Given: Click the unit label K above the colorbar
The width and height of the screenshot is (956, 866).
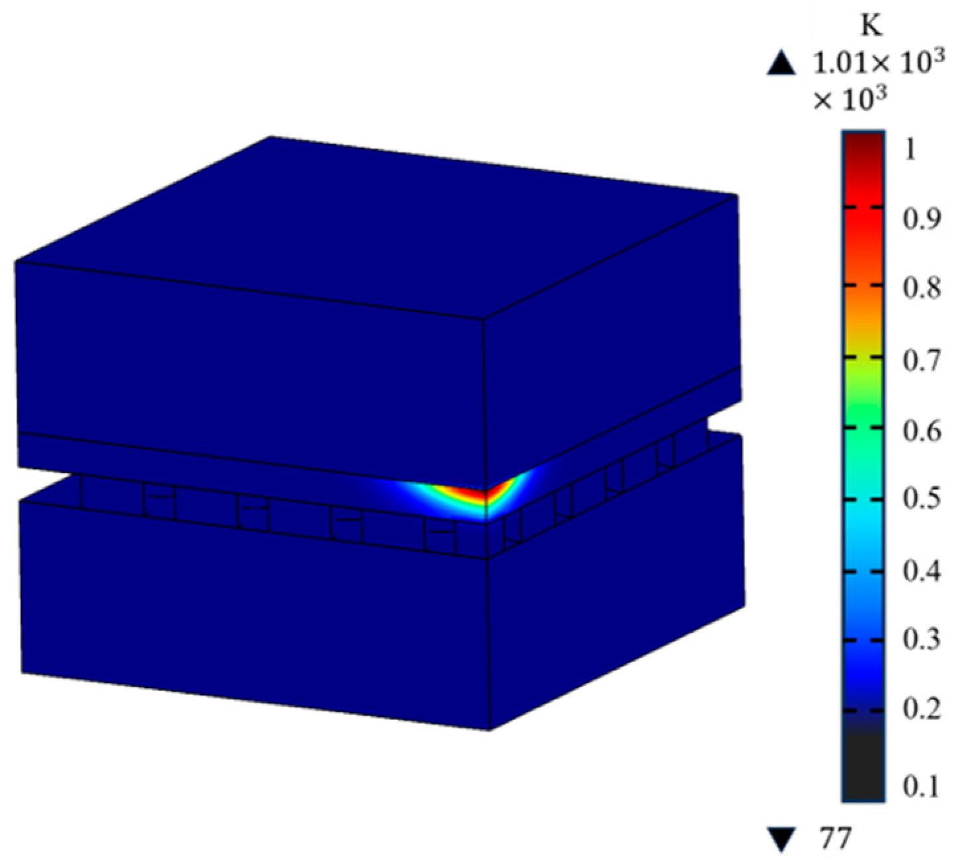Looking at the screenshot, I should coord(871,26).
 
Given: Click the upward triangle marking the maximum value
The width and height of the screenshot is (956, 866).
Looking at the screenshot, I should coord(781,64).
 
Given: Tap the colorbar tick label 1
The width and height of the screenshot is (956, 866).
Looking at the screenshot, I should coord(911,150).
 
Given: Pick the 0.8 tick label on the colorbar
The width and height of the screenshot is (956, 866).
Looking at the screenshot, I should coord(920,288).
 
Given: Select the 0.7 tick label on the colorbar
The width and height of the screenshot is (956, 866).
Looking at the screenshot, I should coord(920,361).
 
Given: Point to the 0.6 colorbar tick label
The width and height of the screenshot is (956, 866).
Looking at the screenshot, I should coord(920,431).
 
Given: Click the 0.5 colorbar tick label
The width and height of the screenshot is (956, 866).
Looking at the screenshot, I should coord(920,500).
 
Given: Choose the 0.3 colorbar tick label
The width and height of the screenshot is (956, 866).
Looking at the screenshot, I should coord(920,641).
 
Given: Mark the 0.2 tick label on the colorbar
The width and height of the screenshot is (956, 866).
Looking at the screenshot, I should coord(920,710).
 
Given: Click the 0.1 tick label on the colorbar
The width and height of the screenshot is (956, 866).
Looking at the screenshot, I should coord(920,786).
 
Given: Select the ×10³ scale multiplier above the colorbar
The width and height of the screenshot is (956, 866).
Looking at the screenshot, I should coord(849,99).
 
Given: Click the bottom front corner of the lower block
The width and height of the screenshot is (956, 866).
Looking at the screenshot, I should coord(489,729).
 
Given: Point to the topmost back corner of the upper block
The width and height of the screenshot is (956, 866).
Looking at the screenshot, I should coord(270,137).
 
